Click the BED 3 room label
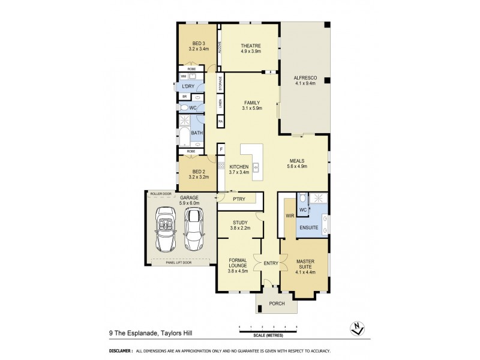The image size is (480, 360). click(x=198, y=43)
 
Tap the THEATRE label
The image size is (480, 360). click(x=250, y=46)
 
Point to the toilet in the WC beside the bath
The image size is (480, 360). click(x=185, y=107)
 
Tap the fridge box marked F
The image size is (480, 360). click(x=221, y=149)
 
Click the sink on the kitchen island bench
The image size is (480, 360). click(x=255, y=167)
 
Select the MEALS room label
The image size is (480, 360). click(x=298, y=161)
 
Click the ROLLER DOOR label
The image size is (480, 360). click(x=160, y=194)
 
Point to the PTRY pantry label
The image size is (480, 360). click(x=238, y=199)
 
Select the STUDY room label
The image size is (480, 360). click(x=239, y=222)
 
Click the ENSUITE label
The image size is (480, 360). click(x=309, y=227)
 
